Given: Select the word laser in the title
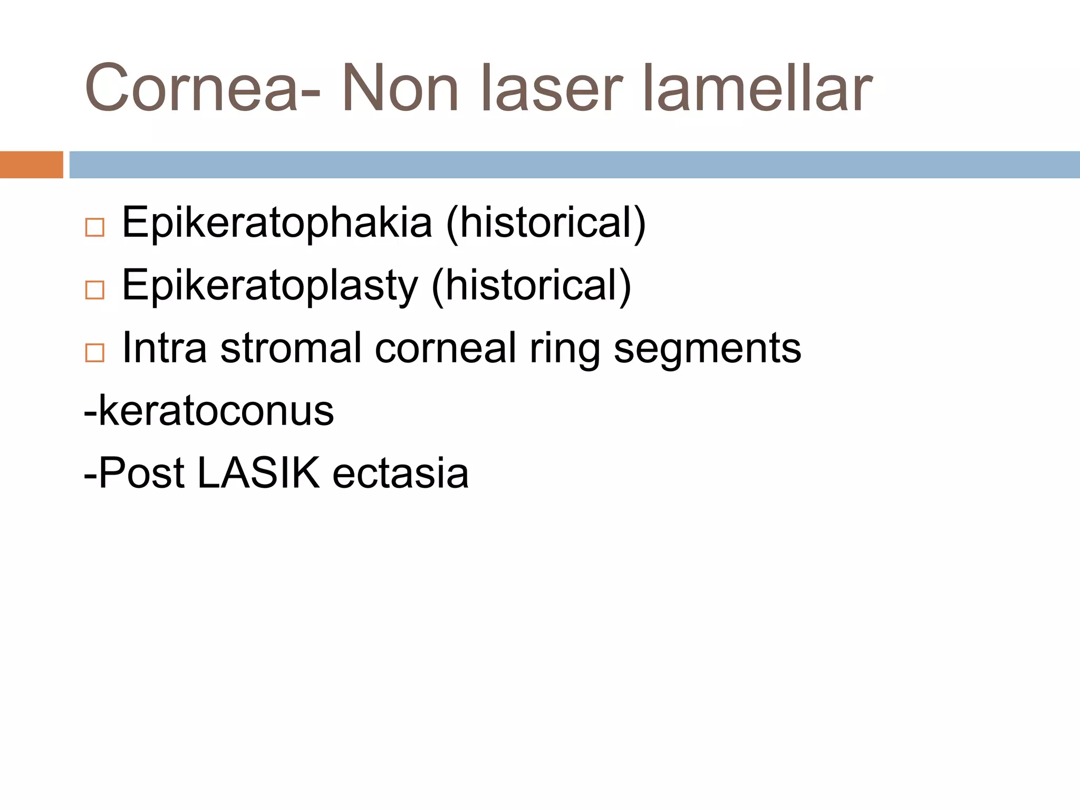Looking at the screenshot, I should point(552,89).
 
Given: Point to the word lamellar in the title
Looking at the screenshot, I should point(757,89).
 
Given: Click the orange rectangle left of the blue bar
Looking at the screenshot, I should point(31,165).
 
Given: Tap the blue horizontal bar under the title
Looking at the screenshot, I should point(574,165).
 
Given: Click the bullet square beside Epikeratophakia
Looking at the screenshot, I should point(95,228).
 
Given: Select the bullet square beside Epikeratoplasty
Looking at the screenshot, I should point(95,290).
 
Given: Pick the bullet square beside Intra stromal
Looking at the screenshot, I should point(95,352).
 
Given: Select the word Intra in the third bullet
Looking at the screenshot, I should point(165,348).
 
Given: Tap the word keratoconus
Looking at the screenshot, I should point(216,411).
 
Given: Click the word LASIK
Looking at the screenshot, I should point(258,473).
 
